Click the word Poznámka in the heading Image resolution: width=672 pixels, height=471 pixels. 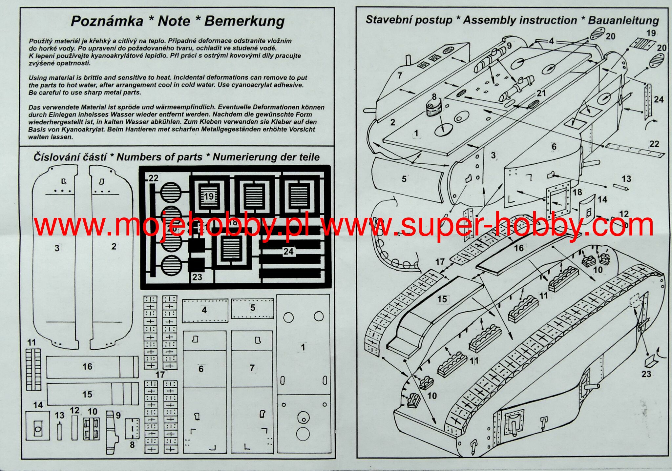[x=107, y=21]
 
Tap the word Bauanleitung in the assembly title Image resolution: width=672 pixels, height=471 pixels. [x=623, y=20]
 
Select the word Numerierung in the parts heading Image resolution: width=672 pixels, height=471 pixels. [x=241, y=157]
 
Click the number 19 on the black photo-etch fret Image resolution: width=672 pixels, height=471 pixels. [x=209, y=197]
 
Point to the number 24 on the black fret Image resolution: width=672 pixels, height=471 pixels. [x=288, y=252]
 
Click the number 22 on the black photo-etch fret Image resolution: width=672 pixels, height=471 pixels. [x=153, y=178]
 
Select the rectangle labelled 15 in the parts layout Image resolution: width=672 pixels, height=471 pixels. [x=92, y=394]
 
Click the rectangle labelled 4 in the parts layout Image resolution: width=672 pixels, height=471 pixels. [x=205, y=310]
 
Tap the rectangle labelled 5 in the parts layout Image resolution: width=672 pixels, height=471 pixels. [x=252, y=308]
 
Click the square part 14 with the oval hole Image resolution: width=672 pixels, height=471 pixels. [x=37, y=425]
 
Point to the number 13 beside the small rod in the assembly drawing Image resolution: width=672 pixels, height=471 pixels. [x=626, y=179]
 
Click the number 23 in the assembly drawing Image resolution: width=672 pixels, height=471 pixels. [x=646, y=374]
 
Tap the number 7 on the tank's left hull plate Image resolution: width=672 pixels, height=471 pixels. [x=399, y=75]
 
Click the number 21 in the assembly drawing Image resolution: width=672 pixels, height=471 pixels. [x=541, y=93]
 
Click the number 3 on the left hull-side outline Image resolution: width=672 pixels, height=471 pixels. [x=57, y=248]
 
